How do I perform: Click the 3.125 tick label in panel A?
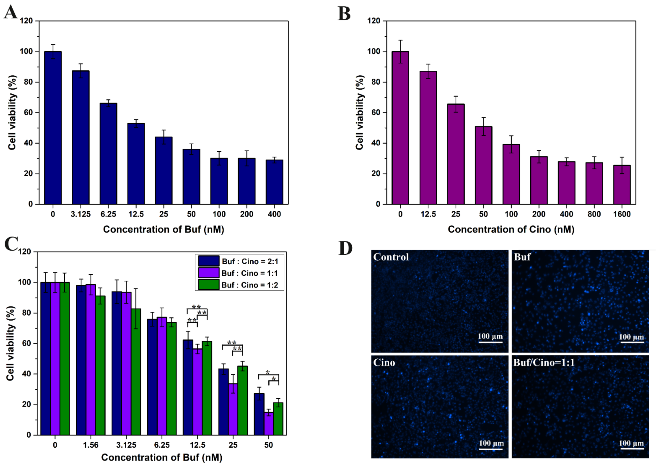click(81, 214)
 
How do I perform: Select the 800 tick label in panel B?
click(594, 214)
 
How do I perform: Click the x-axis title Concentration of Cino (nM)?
click(511, 229)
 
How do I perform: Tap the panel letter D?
click(345, 248)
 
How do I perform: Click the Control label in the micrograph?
click(391, 257)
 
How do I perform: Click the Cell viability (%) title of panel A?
click(12, 112)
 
